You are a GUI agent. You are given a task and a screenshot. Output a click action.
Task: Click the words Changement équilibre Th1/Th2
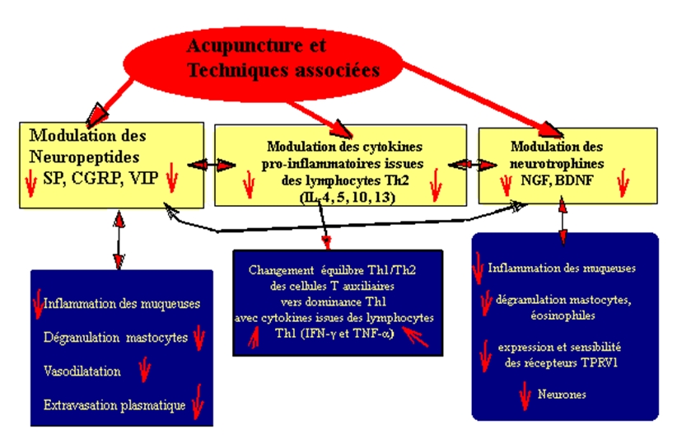click(335, 269)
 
